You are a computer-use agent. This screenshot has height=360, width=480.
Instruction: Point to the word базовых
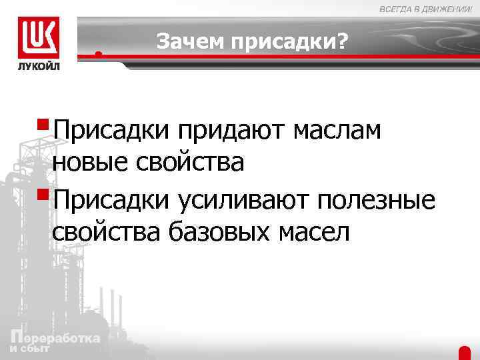click(x=218, y=233)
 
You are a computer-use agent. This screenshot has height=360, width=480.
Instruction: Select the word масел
click(x=313, y=233)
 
